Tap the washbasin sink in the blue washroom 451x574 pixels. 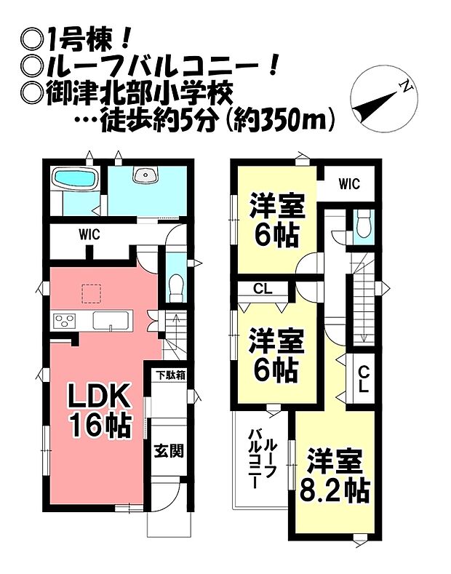[146, 175]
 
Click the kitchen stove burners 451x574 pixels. [64, 320]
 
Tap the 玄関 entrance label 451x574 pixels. [167, 450]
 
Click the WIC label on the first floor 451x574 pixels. [89, 235]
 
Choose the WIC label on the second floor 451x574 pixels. [348, 185]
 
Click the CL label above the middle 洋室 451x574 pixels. [263, 289]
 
